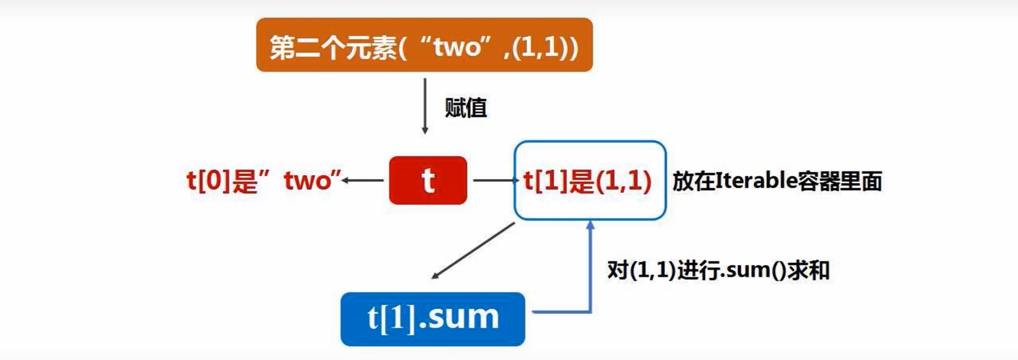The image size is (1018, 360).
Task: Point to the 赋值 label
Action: [x=466, y=108]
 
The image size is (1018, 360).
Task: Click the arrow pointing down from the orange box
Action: [x=425, y=106]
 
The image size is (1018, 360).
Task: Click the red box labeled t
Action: [x=428, y=180]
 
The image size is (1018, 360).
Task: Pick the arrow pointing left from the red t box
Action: [x=363, y=180]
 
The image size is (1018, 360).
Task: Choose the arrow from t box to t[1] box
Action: [x=495, y=180]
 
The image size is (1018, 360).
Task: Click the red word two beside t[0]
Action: [x=307, y=181]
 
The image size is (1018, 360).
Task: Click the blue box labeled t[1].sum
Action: [x=433, y=319]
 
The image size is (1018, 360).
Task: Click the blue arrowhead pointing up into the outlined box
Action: [x=590, y=225]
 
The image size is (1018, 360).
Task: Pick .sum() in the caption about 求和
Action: [x=753, y=270]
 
